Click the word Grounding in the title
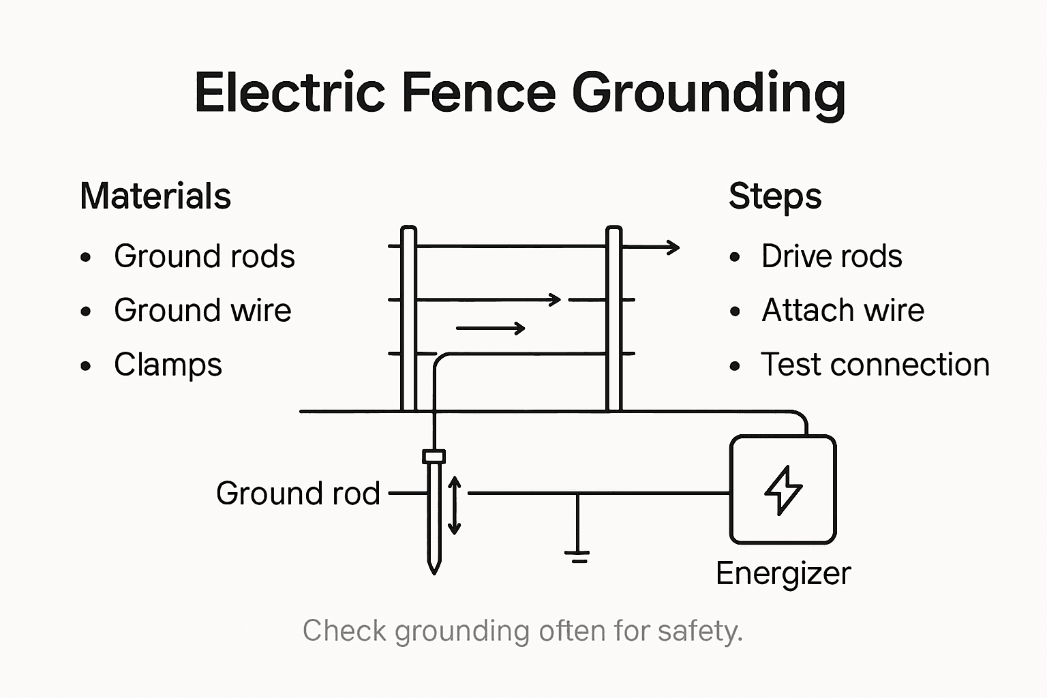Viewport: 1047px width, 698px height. [709, 93]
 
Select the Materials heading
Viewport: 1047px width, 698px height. [155, 196]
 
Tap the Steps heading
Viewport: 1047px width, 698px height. [775, 196]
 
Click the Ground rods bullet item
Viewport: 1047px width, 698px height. [204, 256]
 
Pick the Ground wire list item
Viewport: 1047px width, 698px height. [202, 310]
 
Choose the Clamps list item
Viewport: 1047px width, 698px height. [168, 365]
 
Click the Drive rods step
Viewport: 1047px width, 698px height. [832, 256]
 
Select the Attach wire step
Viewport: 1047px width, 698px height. [843, 310]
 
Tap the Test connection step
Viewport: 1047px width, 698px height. [875, 365]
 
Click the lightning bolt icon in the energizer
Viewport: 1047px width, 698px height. [783, 489]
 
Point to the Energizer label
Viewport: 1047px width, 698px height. [783, 573]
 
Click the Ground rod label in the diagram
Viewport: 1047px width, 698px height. [297, 494]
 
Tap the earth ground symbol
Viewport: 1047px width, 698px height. [577, 555]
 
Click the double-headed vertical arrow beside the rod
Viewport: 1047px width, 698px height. [455, 505]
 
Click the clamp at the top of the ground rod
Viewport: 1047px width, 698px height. [434, 457]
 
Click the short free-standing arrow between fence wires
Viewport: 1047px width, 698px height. [491, 329]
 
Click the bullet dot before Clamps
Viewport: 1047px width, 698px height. [86, 366]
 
